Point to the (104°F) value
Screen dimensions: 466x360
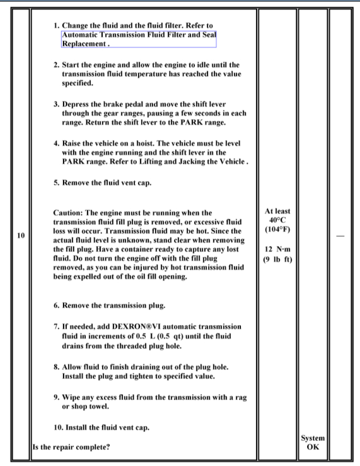coord(281,231)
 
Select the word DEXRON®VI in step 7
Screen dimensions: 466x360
coord(131,327)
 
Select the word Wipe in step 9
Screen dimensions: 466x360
coord(72,398)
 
